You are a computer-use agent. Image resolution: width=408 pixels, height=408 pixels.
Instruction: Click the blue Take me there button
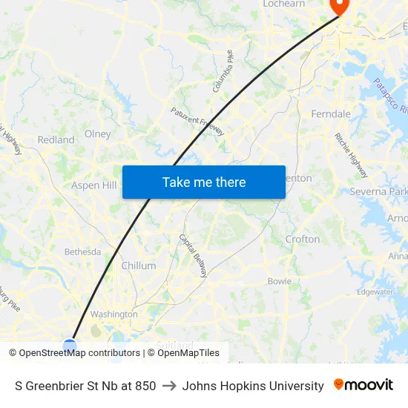204,182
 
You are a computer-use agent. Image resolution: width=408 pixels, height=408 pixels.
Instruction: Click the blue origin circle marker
70,346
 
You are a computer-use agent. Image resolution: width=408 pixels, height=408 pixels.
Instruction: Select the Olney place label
98,134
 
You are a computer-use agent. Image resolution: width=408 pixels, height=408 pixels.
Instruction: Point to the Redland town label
56,139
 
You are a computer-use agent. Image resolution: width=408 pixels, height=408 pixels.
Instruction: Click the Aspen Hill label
94,185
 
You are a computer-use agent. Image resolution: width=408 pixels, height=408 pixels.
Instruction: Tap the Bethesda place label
82,251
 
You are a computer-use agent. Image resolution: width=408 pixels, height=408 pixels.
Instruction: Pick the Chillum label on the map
139,266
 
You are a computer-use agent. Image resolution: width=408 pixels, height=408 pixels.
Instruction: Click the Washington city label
113,314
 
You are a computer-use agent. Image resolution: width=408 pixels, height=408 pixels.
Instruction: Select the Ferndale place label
331,114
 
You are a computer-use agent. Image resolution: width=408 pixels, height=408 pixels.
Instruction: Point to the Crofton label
303,240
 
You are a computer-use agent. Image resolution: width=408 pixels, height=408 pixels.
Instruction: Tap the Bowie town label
279,281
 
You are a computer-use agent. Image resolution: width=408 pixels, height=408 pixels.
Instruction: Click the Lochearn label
283,4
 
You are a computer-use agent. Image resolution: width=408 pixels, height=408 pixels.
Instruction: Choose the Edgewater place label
375,292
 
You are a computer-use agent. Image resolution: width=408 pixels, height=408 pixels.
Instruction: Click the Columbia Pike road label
223,71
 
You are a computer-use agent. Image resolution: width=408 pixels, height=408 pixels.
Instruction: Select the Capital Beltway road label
193,255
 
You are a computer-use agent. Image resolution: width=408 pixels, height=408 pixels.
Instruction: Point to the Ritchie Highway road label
351,155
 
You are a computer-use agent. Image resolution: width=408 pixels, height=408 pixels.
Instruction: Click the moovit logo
363,385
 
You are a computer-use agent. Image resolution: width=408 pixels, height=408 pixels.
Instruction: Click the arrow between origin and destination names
168,386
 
